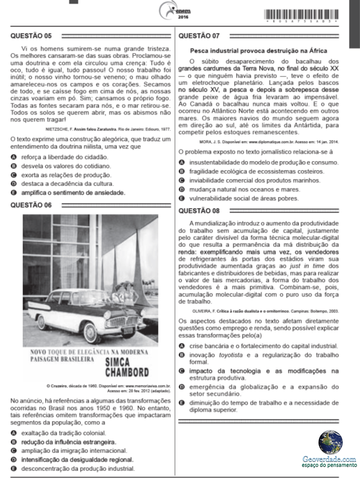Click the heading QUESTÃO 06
[x=30, y=205]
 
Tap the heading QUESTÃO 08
[x=198, y=210]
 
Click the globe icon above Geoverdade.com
[x=330, y=442]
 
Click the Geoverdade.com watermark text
[x=329, y=458]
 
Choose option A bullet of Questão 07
[x=182, y=162]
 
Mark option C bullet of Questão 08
[x=182, y=371]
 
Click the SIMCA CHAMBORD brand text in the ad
[x=127, y=367]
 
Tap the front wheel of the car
[x=91, y=331]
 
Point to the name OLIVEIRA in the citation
[x=190, y=310]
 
